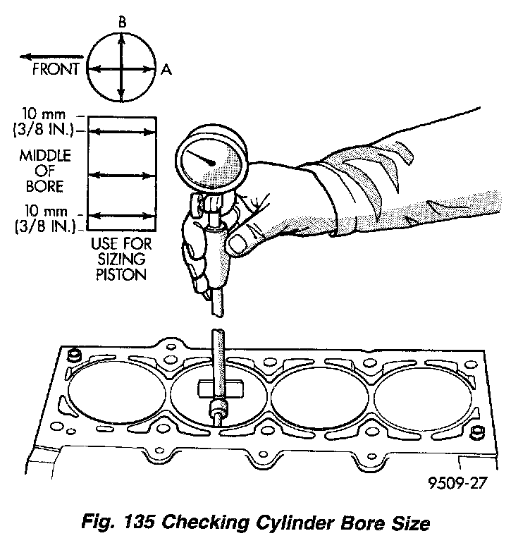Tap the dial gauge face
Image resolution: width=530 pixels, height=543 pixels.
click(x=210, y=162)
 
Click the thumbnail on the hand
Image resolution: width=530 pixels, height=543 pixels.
click(x=241, y=244)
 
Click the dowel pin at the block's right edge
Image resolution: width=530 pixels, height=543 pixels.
click(x=476, y=430)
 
